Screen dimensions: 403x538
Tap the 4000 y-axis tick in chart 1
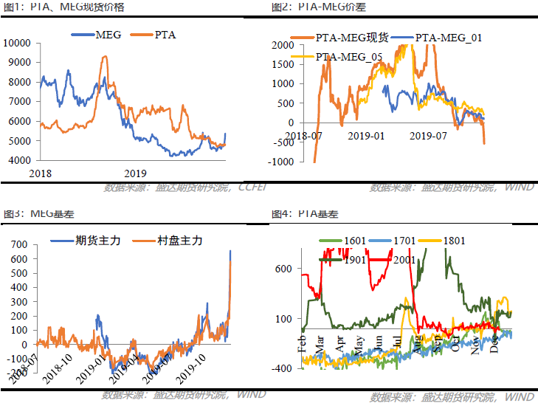click(19, 160)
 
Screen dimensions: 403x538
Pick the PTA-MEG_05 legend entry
click(351, 56)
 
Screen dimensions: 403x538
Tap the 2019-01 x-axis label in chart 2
click(367, 136)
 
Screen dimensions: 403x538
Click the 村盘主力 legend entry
click(180, 241)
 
